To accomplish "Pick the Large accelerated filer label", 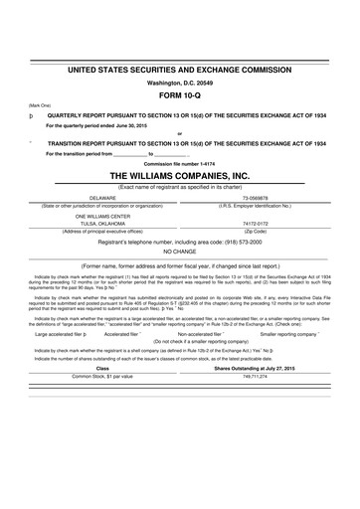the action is click(x=59, y=335).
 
